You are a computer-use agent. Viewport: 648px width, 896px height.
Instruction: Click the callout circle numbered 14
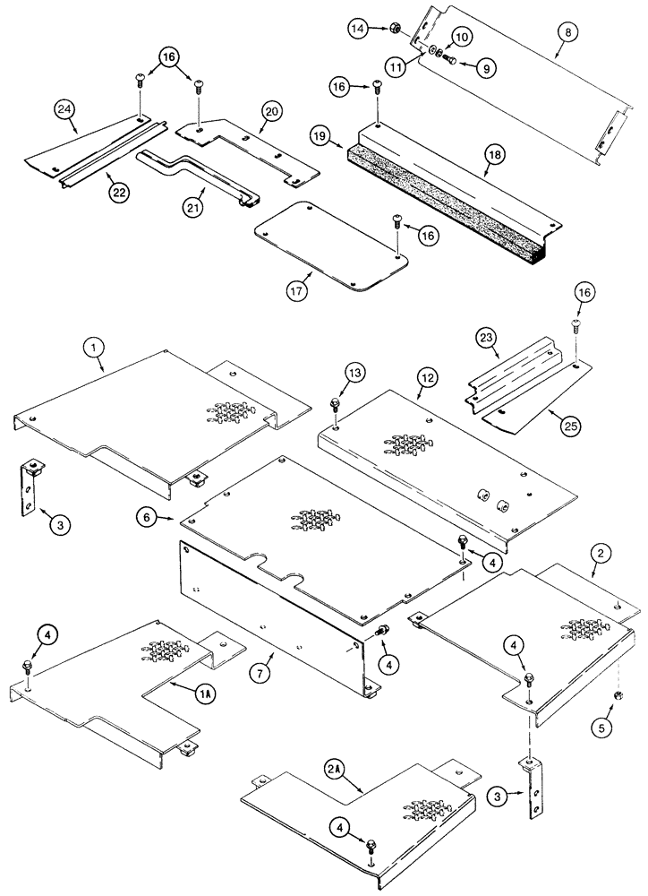tap(359, 30)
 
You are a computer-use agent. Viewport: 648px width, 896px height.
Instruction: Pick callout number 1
tap(94, 342)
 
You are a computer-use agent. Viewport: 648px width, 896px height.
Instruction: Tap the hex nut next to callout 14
tap(391, 30)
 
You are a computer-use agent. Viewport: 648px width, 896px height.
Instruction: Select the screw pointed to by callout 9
tap(451, 59)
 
